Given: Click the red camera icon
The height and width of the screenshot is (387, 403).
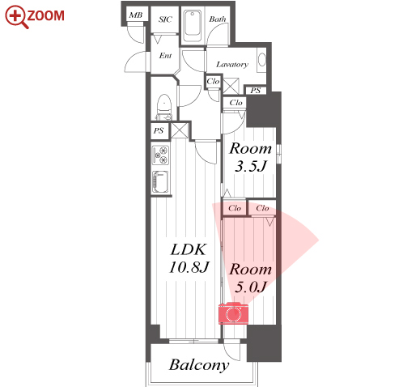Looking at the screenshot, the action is [233, 313].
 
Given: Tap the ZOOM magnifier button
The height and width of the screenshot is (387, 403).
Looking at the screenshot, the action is [35, 16].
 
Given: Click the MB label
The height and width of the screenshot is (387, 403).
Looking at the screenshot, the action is [136, 15].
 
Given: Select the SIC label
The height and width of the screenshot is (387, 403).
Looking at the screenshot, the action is [165, 19].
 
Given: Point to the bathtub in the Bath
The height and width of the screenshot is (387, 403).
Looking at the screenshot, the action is [193, 26].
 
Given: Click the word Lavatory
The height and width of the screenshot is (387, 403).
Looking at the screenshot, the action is [232, 65].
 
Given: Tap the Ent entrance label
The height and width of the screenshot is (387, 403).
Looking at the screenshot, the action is [165, 56].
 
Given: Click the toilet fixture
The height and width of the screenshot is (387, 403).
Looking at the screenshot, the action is [164, 107].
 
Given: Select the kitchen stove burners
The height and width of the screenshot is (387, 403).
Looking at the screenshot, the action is [161, 155].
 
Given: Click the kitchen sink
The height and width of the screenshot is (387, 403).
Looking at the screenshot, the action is [161, 181].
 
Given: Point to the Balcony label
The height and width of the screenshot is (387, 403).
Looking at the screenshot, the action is [199, 365].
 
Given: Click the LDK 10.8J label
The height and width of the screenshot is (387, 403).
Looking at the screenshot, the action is [189, 258].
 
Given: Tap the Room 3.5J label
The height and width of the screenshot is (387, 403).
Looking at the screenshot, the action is [250, 157].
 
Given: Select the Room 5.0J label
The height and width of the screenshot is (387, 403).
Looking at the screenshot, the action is [250, 278].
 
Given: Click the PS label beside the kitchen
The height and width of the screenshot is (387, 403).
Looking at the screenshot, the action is [159, 131].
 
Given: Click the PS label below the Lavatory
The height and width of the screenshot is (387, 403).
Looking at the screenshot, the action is [256, 91].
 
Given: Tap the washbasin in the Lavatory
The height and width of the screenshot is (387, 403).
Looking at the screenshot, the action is [261, 60].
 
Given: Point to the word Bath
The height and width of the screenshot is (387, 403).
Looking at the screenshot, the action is [218, 19].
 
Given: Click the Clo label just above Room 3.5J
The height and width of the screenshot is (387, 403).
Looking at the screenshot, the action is [236, 103].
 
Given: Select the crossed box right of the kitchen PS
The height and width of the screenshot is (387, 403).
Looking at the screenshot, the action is [180, 130].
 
